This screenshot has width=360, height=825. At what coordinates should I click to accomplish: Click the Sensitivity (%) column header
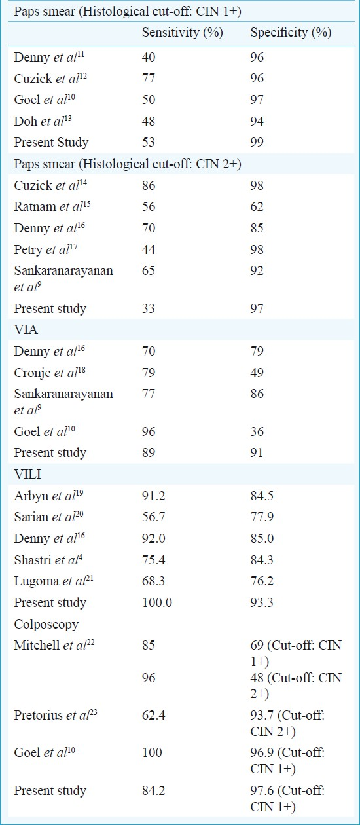coord(183,33)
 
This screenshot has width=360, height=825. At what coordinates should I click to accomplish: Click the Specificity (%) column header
coord(291,33)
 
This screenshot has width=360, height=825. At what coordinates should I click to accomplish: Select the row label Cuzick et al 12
coord(50,78)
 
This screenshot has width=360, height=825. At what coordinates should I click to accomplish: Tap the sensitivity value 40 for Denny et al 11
coord(149,57)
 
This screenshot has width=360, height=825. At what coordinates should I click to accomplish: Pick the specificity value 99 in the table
coord(257,142)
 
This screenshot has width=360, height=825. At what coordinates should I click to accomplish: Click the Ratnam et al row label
coord(52,206)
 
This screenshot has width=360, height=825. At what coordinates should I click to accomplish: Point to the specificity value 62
coord(257,206)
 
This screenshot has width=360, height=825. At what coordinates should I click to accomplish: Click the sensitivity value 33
coord(149,308)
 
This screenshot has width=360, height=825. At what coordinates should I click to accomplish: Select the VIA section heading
coord(26,329)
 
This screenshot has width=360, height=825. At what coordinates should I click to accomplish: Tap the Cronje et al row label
coord(50,373)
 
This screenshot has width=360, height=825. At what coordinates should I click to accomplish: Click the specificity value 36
coord(257,431)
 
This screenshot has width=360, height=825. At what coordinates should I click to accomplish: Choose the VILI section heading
coord(27,474)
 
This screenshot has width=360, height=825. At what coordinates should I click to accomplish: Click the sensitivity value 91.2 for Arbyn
coord(154,496)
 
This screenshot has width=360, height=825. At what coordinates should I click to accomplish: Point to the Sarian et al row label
coord(48,517)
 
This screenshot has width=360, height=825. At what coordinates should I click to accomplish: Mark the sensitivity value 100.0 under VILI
coord(157,602)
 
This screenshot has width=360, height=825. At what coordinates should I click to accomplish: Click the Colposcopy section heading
coord(46,624)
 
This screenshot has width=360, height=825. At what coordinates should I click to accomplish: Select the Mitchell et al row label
coord(54,645)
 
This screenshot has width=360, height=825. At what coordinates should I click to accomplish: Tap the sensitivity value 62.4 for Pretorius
coord(154,715)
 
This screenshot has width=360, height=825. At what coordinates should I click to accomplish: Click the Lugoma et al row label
coord(54,581)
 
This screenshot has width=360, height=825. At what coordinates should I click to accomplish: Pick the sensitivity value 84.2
coord(154,790)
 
